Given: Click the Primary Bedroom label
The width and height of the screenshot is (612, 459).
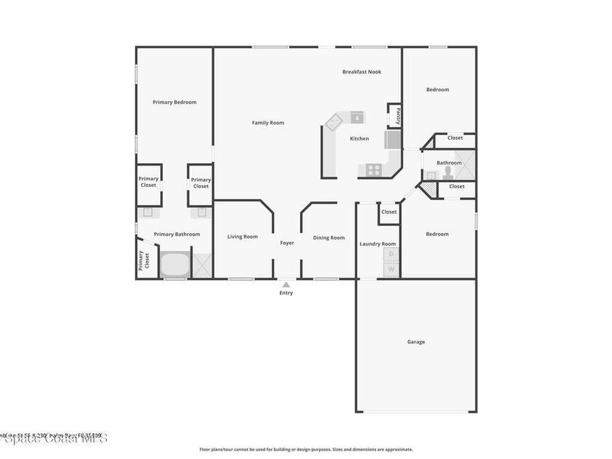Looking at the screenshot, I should (174, 102).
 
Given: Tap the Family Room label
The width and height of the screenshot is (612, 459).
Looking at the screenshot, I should (268, 123).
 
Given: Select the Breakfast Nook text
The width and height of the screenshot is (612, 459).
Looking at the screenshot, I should (362, 72).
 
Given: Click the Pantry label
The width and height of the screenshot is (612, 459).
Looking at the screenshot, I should (397, 115).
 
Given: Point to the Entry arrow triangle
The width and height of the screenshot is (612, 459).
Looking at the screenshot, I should (286, 284).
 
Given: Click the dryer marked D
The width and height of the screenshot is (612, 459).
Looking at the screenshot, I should (391, 254).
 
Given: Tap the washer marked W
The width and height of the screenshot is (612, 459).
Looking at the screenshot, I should (391, 270).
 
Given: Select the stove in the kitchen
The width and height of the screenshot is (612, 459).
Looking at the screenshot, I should (374, 170).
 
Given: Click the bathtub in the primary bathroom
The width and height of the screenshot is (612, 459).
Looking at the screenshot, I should (175, 265).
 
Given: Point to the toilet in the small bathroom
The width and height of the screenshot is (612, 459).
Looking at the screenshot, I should (448, 172).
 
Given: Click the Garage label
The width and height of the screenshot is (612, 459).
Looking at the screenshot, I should (416, 342).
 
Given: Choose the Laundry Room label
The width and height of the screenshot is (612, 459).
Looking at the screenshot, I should (378, 244).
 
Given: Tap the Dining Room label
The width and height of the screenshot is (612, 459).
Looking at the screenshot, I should (329, 238).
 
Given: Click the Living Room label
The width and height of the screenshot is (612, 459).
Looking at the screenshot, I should (243, 237).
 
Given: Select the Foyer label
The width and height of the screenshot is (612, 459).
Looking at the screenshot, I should (287, 243).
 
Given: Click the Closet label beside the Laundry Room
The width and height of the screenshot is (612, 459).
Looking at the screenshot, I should (389, 212).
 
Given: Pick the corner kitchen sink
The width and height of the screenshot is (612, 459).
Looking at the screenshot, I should (333, 122).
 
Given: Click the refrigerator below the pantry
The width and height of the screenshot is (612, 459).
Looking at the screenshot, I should (394, 140).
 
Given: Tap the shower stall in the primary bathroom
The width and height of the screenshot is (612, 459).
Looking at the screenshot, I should (202, 265).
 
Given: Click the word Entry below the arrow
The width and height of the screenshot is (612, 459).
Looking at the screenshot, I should (286, 293).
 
